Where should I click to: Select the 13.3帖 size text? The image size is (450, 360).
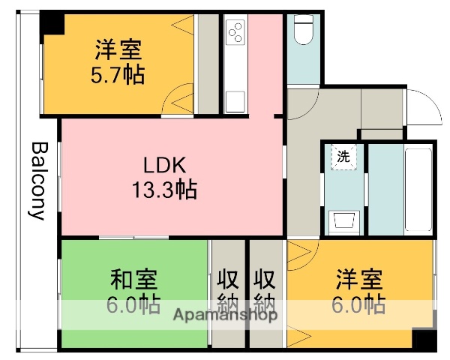click(165, 191)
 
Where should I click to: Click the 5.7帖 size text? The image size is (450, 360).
click(118, 76)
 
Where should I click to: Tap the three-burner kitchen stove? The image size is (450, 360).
click(235, 32)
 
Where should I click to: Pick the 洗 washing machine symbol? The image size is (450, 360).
click(343, 157)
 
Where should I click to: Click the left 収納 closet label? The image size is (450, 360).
click(228, 292)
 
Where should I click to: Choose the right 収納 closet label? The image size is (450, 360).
click(263, 292)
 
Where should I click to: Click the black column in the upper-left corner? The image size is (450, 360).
click(52, 24)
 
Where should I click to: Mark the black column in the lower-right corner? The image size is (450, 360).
click(424, 340)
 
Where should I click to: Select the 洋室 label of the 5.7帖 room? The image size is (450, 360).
click(118, 51)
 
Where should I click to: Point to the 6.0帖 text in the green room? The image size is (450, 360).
click(134, 305)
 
